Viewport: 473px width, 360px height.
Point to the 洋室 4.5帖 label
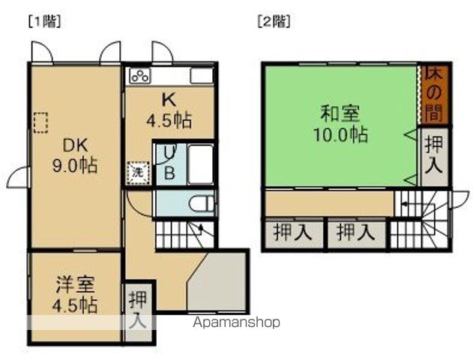coord(75,295)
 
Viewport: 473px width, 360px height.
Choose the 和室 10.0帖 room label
coord(340,124)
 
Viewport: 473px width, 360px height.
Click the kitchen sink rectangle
coord(203,75)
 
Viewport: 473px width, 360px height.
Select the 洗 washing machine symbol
coord(137,171)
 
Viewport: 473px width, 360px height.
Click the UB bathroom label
coord(169,163)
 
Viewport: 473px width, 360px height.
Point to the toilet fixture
coord(200,202)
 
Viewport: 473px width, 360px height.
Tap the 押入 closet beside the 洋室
coord(138,310)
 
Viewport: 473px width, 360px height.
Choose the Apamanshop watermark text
coord(236,322)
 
